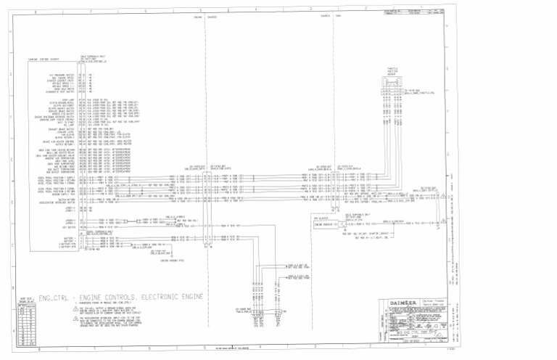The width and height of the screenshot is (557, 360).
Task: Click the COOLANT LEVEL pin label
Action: coord(67,133)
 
